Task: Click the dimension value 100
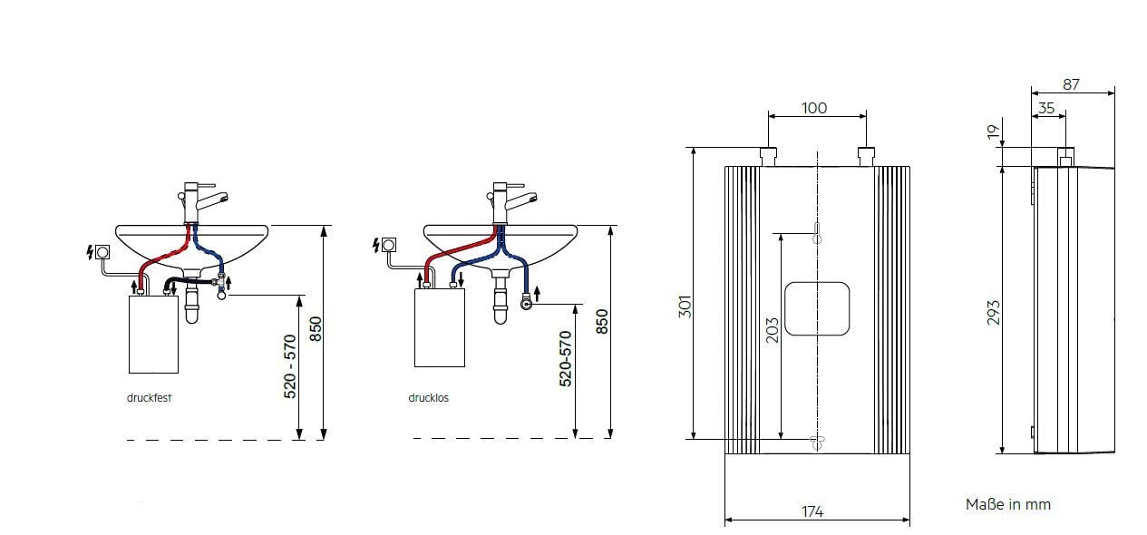(x=814, y=108)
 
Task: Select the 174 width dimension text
(x=812, y=511)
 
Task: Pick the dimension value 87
(x=1071, y=84)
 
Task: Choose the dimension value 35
(x=1045, y=107)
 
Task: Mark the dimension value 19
(x=995, y=132)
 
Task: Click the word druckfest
(x=149, y=397)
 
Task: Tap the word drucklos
(x=428, y=397)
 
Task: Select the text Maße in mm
(x=1007, y=504)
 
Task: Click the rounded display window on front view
(x=817, y=308)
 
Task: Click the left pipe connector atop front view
(x=768, y=156)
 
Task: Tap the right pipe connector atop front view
(x=866, y=156)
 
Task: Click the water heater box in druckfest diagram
(x=153, y=333)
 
